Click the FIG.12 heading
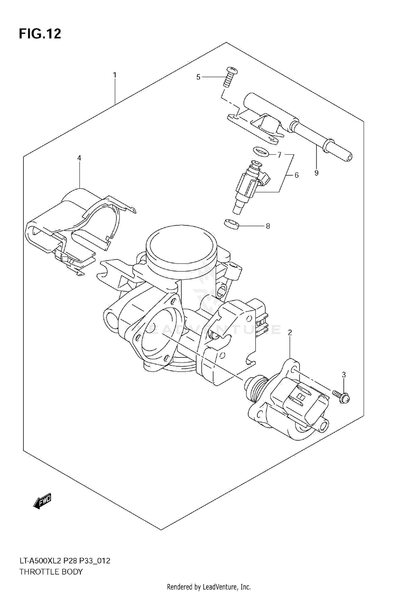40,34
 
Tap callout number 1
115,75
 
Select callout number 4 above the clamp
79,158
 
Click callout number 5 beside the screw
198,77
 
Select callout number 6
297,175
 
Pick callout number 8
268,226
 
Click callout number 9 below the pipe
316,173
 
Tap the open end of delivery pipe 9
349,157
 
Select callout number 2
290,332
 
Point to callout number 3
344,375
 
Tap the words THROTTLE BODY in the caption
51,572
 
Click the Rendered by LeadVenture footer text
209,587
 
